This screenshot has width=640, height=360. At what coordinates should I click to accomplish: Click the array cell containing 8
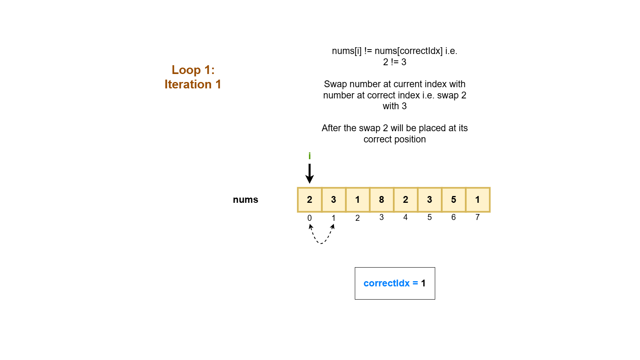tap(382, 200)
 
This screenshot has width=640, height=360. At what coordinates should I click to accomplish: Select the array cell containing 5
tap(454, 200)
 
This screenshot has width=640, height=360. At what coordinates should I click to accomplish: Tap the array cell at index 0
tap(310, 200)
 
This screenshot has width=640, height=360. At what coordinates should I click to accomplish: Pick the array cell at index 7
tap(478, 200)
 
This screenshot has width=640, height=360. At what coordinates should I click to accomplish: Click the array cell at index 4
tap(406, 200)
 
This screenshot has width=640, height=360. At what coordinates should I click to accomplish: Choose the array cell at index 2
tap(358, 200)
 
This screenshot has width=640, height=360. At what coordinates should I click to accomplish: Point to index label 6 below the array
tap(454, 217)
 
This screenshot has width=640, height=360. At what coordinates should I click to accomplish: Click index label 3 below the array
tap(382, 217)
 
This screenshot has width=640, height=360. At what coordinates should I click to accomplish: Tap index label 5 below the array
tap(430, 217)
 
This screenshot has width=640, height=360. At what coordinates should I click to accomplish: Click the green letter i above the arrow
tap(310, 156)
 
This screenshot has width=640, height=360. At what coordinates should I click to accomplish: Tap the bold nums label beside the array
tap(246, 200)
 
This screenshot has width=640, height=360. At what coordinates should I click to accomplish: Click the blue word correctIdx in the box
tap(386, 283)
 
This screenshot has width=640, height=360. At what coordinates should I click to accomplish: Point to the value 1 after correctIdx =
tap(423, 283)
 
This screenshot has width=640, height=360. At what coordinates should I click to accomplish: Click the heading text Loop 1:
tap(193, 70)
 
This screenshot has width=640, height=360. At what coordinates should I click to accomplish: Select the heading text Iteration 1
tap(193, 84)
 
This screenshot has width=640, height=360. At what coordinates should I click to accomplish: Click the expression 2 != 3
tap(394, 62)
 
